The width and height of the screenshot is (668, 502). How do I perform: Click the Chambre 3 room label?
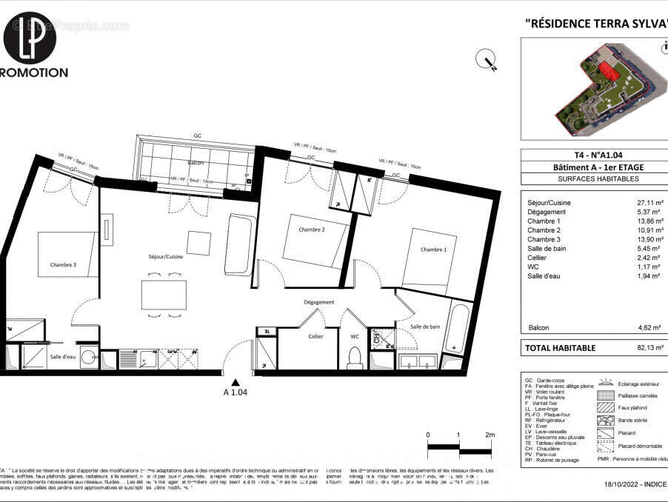[63, 265]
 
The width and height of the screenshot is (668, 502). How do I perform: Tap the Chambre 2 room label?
[312, 230]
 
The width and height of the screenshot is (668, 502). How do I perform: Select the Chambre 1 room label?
[433, 250]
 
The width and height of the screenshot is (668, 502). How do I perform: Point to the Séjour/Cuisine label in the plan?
[164, 256]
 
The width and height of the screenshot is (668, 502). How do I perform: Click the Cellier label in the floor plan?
[315, 336]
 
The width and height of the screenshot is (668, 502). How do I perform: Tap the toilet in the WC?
[355, 358]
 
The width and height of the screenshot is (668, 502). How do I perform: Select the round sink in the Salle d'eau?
[89, 357]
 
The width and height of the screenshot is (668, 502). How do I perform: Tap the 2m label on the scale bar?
[490, 435]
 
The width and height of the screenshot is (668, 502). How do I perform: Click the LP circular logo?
[30, 37]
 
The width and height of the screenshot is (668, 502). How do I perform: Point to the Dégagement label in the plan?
[318, 302]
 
